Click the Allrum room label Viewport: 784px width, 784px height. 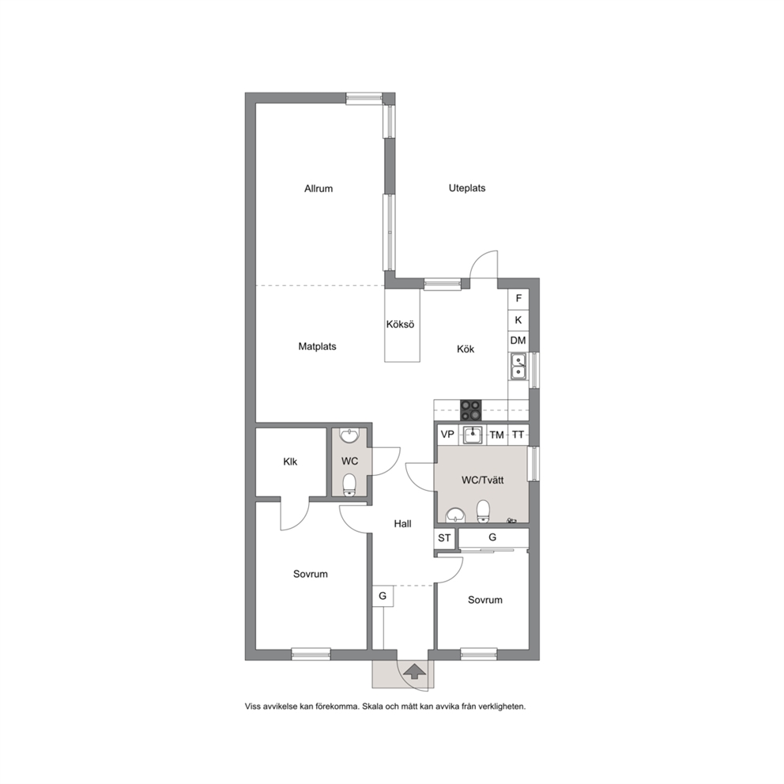point(318,189)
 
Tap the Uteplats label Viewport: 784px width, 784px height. point(467,188)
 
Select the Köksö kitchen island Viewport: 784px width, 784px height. point(402,325)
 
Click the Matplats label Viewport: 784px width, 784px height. point(317,346)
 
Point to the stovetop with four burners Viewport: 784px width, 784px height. point(470,410)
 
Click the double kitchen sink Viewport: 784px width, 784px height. point(518,366)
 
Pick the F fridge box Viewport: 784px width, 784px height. point(518,299)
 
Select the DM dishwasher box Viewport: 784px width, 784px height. point(518,341)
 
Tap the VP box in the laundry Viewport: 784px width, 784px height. point(447,435)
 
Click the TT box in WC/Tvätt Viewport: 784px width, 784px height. point(518,435)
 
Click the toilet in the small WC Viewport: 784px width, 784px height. point(349,485)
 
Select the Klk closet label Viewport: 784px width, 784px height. point(290,462)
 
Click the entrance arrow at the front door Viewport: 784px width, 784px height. point(414,671)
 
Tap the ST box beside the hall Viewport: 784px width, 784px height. point(444,538)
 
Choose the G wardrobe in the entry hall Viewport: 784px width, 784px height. point(383,596)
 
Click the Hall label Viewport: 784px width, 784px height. point(402,523)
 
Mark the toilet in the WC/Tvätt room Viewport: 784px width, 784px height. point(483,511)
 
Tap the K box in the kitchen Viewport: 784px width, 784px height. point(518,319)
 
